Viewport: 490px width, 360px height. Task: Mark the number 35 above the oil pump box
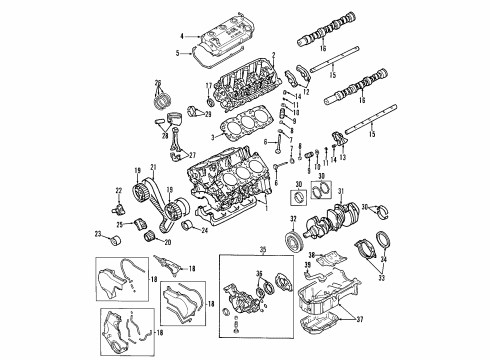pyautogui.click(x=264, y=249)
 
